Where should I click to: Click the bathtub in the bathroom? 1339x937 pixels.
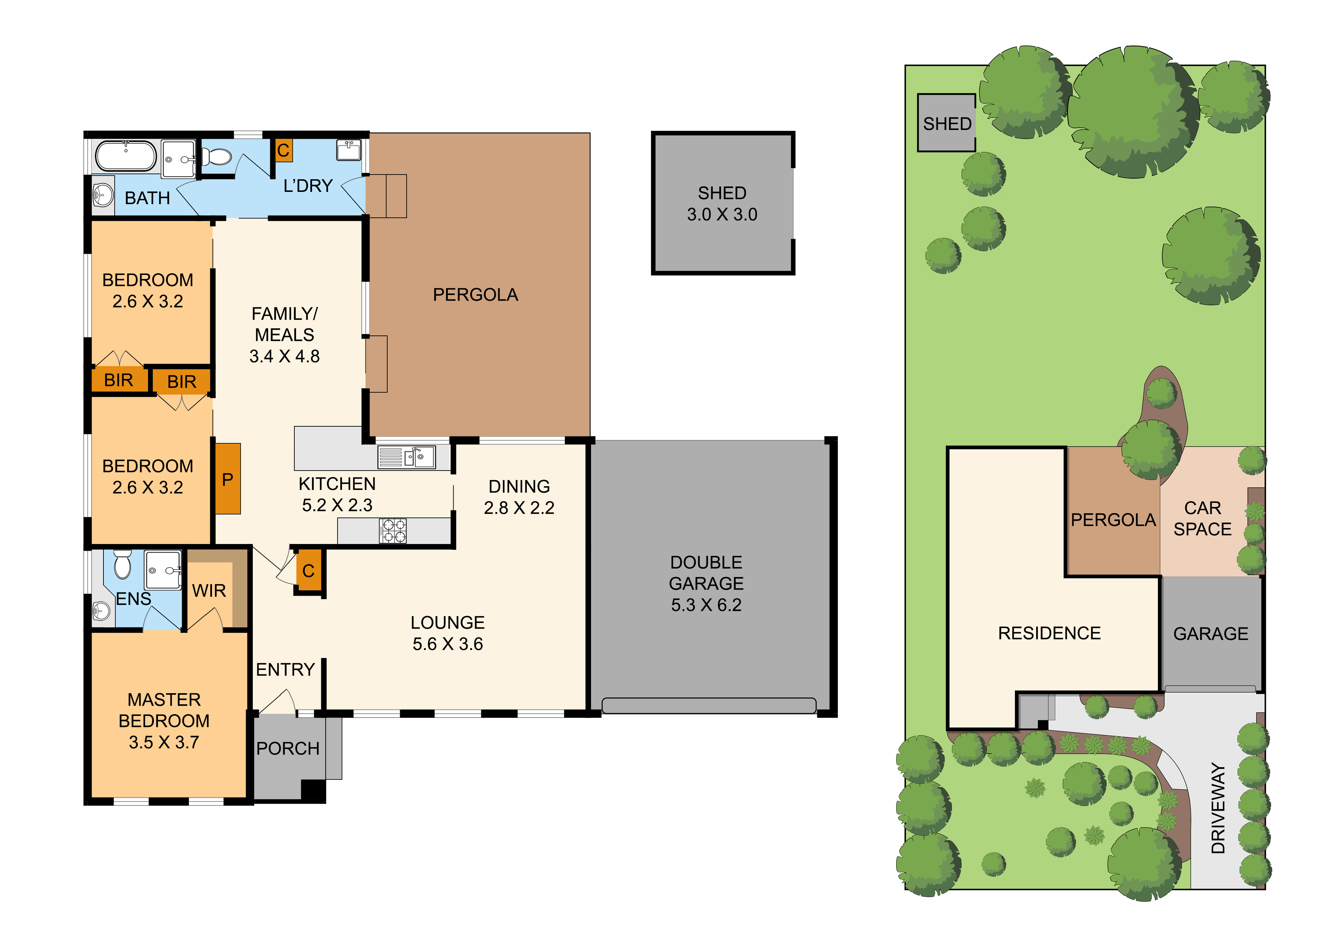[x=126, y=156]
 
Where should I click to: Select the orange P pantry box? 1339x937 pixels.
[x=228, y=479]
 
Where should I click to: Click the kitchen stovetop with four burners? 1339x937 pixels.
[x=393, y=531]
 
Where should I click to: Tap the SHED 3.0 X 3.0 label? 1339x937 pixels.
[x=722, y=203]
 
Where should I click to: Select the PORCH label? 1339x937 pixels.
[x=288, y=748]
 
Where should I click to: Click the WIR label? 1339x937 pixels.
[x=209, y=591]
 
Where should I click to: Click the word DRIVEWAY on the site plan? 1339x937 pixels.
[x=1218, y=809]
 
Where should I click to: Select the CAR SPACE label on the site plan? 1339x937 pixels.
[x=1203, y=519]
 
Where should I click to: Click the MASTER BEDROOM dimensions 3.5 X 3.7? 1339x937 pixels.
[x=164, y=742]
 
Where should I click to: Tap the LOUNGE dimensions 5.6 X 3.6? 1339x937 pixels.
[x=448, y=644]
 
